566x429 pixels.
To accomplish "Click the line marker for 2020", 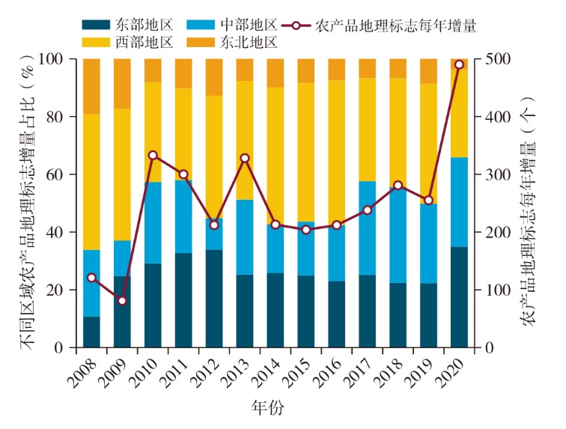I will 459,64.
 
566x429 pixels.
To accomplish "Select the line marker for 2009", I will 122,301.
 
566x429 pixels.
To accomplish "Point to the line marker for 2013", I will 245,158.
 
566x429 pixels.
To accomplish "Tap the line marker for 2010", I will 153,155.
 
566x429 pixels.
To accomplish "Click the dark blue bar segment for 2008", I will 91,332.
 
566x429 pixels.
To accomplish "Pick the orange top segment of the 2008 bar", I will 91,86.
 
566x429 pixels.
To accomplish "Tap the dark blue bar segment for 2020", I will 459,297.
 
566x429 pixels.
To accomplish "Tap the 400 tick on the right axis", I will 499,117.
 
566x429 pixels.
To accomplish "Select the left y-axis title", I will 27,202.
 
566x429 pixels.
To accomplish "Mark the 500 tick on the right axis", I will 499,59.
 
